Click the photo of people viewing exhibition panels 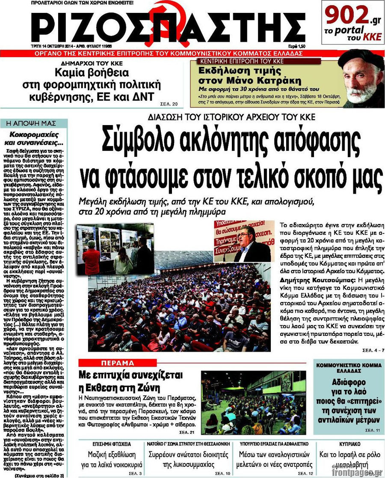click(x=115, y=248)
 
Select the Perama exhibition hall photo click(x=253, y=403)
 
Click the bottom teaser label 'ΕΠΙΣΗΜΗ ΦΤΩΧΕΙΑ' click(x=112, y=444)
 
